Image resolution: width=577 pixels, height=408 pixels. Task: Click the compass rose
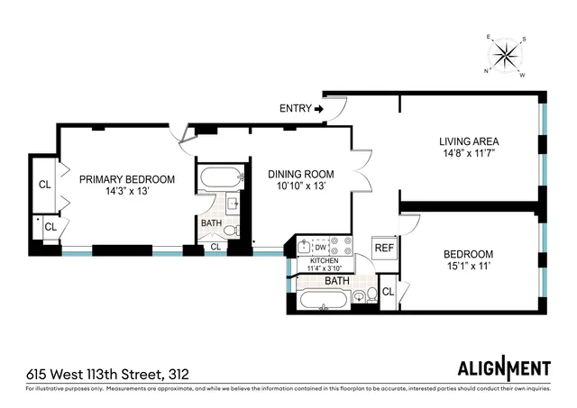pyautogui.click(x=507, y=56)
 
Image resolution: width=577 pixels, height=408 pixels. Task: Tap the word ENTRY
pyautogui.click(x=295, y=109)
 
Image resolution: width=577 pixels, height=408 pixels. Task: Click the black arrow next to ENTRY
pyautogui.click(x=318, y=109)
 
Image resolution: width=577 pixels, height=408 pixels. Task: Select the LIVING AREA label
pyautogui.click(x=469, y=141)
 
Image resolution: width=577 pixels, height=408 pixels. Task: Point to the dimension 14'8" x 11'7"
pyautogui.click(x=469, y=154)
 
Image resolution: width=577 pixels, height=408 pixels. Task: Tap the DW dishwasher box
pyautogui.click(x=320, y=245)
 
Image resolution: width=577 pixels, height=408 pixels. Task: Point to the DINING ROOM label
pyautogui.click(x=300, y=174)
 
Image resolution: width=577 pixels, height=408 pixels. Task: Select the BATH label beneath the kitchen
pyautogui.click(x=336, y=281)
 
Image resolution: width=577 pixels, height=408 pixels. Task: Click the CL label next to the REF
pyautogui.click(x=388, y=292)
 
